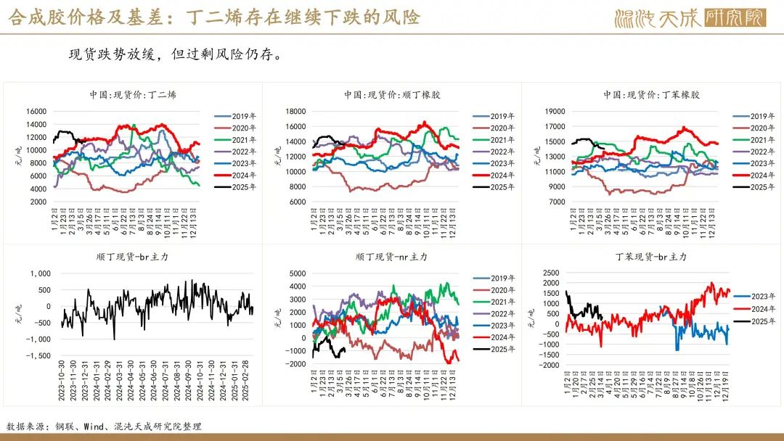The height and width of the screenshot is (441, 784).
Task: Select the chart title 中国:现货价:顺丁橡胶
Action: coord(392,95)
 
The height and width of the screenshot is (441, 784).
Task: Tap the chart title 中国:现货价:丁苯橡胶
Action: coord(651,95)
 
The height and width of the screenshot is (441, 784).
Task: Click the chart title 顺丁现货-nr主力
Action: coord(392,257)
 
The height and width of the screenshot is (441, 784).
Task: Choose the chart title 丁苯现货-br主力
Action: coord(651,257)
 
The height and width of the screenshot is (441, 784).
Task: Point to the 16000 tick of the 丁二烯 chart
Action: coord(37,111)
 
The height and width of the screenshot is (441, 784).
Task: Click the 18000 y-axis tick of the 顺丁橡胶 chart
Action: coord(296,111)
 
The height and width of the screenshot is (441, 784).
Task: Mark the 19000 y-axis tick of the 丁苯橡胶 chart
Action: coord(555,111)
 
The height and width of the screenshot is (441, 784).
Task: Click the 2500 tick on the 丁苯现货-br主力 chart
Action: coord(551,273)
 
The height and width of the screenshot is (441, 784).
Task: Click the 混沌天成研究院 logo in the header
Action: coord(690,18)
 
